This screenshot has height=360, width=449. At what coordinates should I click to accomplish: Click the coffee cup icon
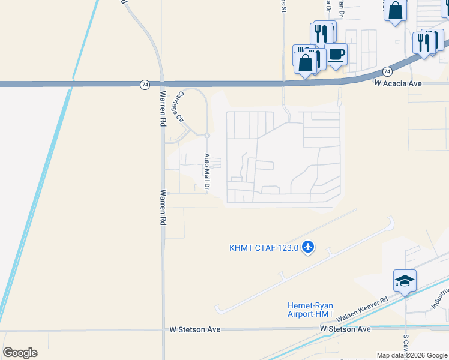336,55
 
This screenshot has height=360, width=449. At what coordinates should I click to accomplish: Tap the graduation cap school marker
405,281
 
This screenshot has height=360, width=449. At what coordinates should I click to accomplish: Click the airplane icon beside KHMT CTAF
308,247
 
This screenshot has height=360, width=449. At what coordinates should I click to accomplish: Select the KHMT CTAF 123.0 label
264,248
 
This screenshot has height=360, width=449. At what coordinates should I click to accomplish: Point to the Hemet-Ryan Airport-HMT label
310,309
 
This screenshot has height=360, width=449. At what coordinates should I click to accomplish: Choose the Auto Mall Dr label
206,173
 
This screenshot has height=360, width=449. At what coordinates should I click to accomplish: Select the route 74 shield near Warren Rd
145,85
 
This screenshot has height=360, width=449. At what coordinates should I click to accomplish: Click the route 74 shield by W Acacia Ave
387,71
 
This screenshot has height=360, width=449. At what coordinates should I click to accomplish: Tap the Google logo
20,353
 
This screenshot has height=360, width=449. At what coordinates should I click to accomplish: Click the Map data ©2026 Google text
412,355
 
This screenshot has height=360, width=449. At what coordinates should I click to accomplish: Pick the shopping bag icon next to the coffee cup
306,62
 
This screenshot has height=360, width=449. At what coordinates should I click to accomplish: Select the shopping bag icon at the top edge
395,10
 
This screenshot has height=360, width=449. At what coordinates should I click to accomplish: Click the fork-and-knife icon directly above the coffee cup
323,33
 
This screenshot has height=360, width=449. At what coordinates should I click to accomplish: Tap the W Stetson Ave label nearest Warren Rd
195,329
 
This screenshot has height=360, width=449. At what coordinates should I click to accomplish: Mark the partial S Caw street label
406,344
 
